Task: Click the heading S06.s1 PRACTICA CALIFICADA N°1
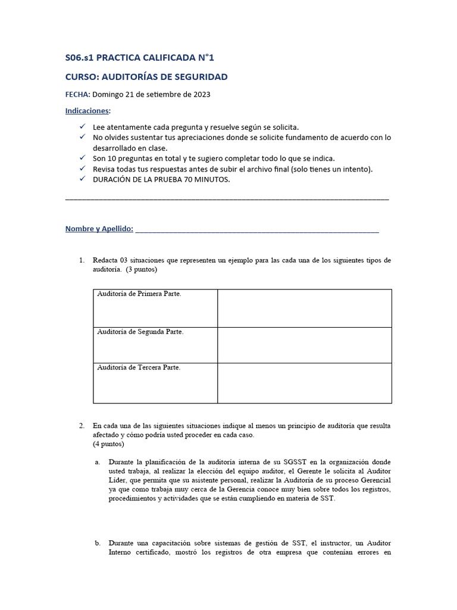[139, 58]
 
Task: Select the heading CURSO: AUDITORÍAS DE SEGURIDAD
[146, 77]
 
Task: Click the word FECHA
[77, 94]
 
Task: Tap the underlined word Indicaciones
[87, 111]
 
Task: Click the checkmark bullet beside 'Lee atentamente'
[82, 127]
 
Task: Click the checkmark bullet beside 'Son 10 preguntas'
[82, 158]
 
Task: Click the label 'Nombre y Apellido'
[99, 229]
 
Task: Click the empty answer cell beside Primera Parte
[304, 308]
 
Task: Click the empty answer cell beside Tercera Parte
[304, 382]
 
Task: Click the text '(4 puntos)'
[108, 444]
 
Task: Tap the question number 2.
[82, 426]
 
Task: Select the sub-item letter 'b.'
[98, 543]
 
